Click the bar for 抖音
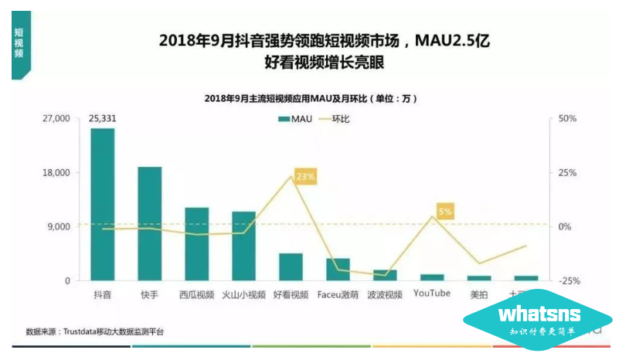click(x=102, y=205)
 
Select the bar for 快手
click(x=149, y=223)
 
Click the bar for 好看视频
click(x=291, y=267)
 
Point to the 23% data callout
click(x=304, y=177)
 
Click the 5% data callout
click(x=444, y=210)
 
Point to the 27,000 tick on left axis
click(x=56, y=119)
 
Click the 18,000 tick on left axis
click(x=56, y=173)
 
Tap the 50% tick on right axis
click(x=568, y=119)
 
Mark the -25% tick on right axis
click(x=569, y=281)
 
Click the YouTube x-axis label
click(x=431, y=294)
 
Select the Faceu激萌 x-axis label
click(x=338, y=294)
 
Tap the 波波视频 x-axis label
click(x=384, y=294)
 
